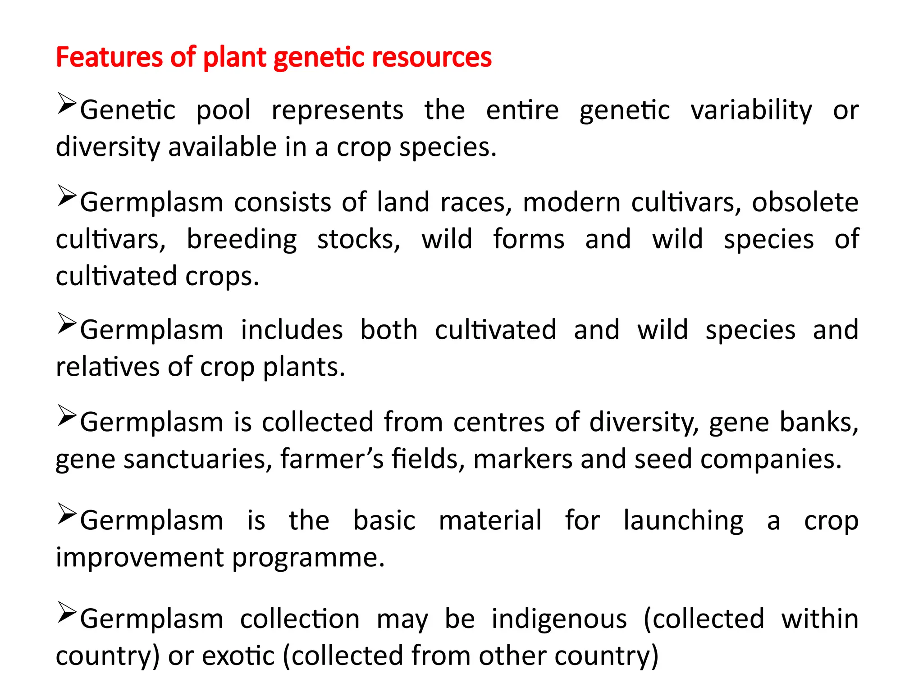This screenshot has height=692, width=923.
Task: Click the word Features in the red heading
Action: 108,57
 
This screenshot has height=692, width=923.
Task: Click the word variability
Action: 751,110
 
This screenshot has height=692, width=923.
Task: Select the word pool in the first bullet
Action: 223,110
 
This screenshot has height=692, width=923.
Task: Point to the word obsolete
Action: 805,202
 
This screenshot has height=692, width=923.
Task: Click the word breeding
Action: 242,239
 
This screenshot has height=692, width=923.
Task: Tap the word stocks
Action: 358,239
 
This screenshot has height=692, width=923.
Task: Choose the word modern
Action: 571,202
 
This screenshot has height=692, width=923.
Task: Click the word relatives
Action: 107,367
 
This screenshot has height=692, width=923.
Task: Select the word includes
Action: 292,330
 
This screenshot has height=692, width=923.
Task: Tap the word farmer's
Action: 332,459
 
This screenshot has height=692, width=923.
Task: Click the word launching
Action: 683,521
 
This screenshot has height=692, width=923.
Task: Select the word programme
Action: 308,558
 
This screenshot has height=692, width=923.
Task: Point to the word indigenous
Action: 559,619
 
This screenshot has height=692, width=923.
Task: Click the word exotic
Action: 238,656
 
